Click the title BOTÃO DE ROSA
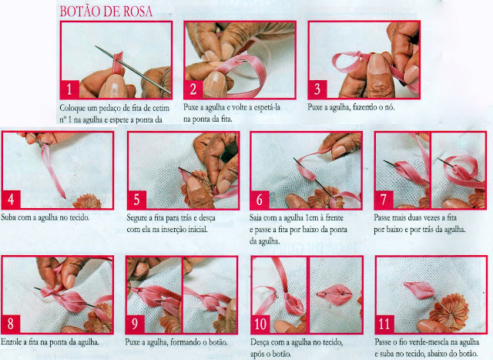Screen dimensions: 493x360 click(106, 12)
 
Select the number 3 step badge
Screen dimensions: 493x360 click(317, 89)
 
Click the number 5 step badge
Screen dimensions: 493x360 click(137, 200)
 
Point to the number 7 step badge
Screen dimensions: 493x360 click(384, 200)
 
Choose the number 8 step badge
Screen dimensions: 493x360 click(11, 324)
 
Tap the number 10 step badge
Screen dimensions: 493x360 click(260, 324)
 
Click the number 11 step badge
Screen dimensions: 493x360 click(384, 324)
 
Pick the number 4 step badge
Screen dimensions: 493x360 click(12, 200)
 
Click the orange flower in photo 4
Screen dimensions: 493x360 click(87, 201)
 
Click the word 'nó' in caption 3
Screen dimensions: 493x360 click(389, 107)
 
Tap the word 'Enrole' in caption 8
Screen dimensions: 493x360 click(11, 341)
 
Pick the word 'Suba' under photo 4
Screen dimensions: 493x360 click(8, 217)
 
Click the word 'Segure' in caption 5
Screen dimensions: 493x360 click(137, 217)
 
